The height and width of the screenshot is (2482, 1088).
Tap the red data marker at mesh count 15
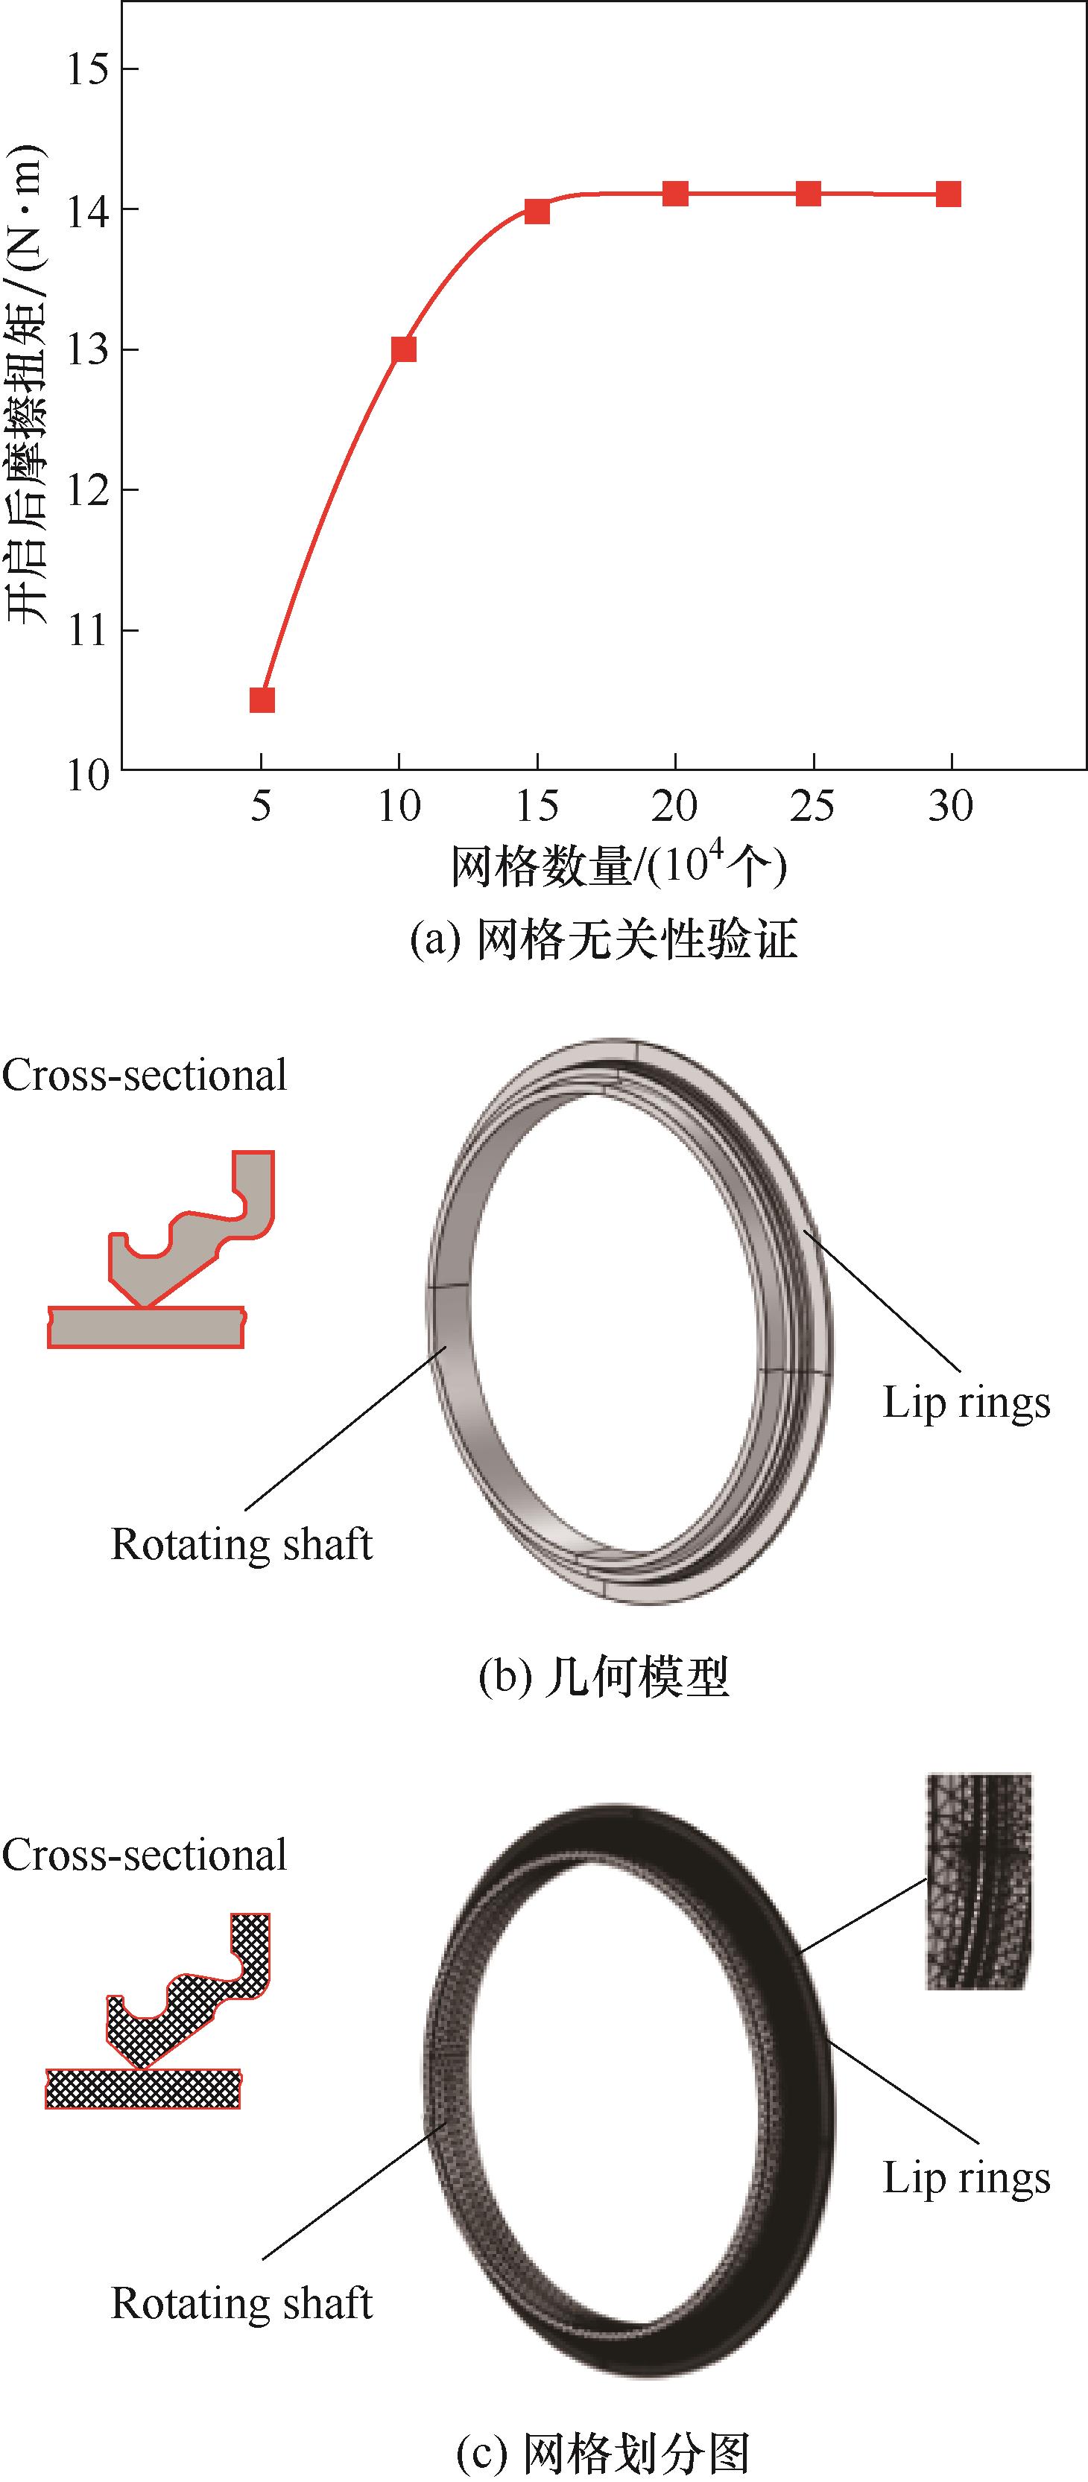click(x=537, y=211)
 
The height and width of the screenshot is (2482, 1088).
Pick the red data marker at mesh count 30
click(x=949, y=194)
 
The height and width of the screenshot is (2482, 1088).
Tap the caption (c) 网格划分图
click(x=604, y=2452)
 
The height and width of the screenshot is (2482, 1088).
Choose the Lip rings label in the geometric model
click(x=966, y=1403)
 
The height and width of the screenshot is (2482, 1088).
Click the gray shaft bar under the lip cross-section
click(x=145, y=1327)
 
